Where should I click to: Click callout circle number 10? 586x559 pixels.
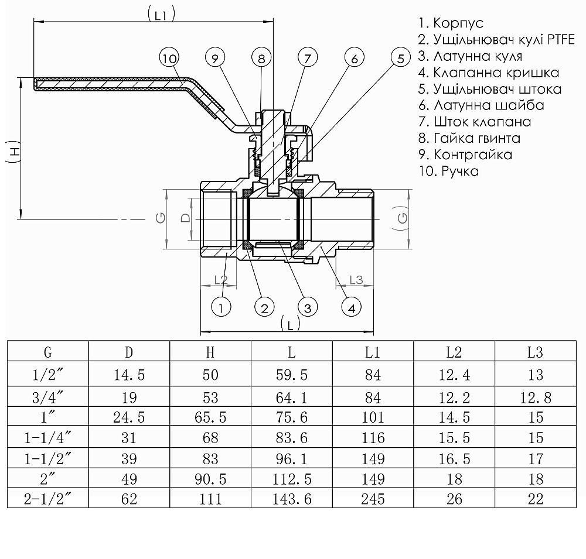tap(169, 58)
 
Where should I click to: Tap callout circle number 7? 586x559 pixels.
tap(307, 58)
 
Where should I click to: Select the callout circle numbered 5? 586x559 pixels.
tap(401, 58)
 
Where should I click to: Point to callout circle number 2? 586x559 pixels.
tap(264, 307)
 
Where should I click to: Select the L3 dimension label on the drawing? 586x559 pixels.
tap(356, 280)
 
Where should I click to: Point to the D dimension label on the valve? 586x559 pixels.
tap(185, 218)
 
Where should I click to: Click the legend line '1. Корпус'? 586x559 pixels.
tap(451, 23)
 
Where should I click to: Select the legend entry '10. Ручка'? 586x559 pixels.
tap(448, 172)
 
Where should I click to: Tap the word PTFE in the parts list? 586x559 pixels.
tap(560, 40)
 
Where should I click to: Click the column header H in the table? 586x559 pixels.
tap(210, 352)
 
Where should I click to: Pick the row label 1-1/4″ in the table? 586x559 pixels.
tap(47, 437)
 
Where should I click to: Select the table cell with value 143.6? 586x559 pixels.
tap(292, 499)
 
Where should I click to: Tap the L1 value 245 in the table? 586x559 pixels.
tap(373, 499)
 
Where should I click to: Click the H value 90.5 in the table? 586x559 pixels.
tap(210, 479)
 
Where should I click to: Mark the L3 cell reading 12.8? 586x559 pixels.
tap(536, 399)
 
